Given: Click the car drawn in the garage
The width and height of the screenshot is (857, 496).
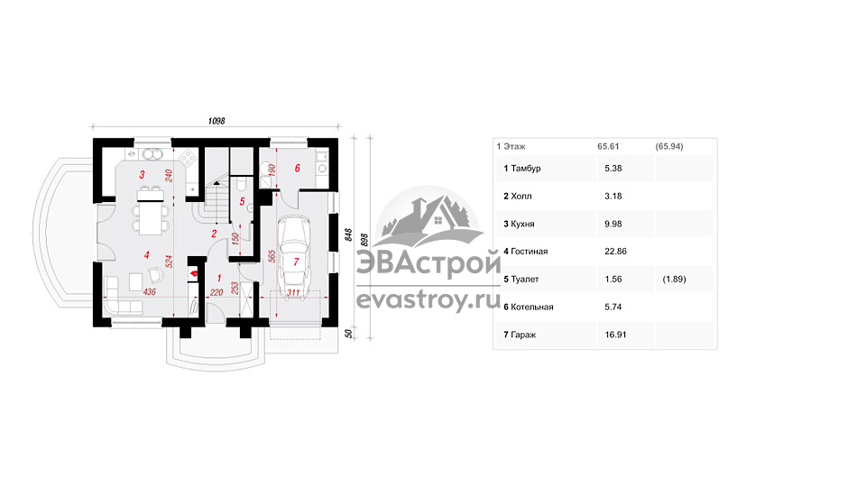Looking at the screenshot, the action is coord(294,253).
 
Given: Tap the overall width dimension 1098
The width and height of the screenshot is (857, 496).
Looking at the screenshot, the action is coord(217,121).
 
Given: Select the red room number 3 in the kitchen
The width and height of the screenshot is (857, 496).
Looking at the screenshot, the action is coord(143,175).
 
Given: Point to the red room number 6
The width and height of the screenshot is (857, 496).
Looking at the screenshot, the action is coord(298,168).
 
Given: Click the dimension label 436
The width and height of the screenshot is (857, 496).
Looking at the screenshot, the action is coord(149,291).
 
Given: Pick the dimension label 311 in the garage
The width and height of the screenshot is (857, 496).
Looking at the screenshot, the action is coord(293,292).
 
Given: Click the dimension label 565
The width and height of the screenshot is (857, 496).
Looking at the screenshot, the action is coord(272,256).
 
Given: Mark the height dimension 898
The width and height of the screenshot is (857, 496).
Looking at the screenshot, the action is coord(365,240).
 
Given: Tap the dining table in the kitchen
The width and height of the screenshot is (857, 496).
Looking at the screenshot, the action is coord(150,211).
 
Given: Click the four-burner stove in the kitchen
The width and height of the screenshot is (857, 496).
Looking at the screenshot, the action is coord(189,159).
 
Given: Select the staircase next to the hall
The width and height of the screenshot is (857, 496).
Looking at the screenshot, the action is coord(217,201).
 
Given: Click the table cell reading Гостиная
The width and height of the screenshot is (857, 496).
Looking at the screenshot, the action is coord(529,252).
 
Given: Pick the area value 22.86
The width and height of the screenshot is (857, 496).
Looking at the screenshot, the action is coord(615,252).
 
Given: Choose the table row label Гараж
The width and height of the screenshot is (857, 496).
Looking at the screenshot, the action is coord(523,335).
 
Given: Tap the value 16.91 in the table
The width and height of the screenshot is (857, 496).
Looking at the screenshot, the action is coord(615,335).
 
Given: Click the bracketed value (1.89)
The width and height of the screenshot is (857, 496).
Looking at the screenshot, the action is coord(674,280).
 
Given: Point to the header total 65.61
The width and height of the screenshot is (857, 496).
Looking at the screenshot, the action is coord(608,146).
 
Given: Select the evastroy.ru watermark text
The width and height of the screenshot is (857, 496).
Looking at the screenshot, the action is coord(428,299).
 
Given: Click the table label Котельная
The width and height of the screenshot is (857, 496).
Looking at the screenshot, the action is coord(532,307).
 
